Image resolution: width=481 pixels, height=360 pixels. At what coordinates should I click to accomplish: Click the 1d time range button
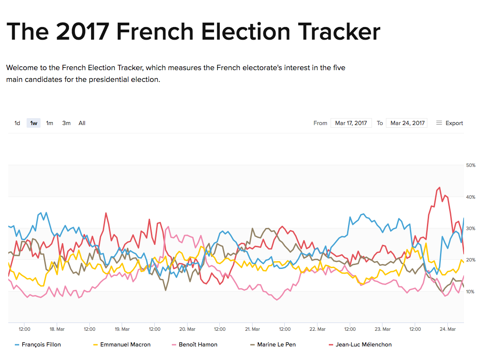(17, 123)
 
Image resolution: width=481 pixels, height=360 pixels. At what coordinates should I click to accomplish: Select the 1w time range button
(34, 123)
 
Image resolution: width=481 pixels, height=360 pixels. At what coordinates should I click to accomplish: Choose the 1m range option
(50, 123)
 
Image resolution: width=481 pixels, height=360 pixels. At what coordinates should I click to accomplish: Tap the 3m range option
(66, 123)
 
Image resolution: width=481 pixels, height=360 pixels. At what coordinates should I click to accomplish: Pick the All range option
(82, 123)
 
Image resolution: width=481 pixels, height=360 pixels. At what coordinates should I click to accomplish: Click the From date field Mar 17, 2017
(351, 123)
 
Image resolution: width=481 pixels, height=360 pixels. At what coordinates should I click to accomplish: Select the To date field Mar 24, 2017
(407, 123)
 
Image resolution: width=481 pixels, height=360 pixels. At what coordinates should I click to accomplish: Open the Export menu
(450, 123)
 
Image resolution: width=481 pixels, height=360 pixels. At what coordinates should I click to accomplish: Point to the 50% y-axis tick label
(471, 166)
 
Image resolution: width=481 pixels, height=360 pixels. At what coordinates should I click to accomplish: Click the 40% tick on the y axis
(471, 197)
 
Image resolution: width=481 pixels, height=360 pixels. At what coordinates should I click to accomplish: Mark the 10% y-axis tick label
(471, 292)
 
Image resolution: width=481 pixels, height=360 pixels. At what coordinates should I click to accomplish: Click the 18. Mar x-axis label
(57, 329)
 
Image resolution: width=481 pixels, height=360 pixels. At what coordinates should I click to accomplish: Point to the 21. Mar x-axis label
(252, 329)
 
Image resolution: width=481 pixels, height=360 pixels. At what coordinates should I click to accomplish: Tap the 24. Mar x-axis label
(448, 329)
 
